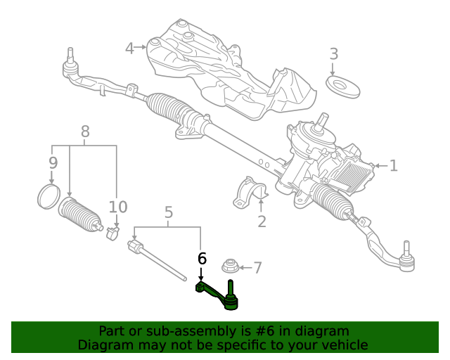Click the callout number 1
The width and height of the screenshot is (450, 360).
[394, 166]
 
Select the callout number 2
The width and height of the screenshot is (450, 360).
[262, 221]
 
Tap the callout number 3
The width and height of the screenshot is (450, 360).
[334, 54]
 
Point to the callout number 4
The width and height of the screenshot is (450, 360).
[129, 49]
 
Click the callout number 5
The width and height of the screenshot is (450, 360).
[169, 212]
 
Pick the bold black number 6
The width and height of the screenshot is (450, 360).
[202, 258]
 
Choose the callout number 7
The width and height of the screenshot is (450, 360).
[258, 268]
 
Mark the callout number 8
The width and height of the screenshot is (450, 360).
[85, 131]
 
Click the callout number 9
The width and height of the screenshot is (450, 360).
[53, 163]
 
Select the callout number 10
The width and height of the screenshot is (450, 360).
[118, 207]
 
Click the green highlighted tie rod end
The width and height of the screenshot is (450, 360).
[219, 296]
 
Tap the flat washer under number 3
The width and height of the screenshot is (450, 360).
[342, 86]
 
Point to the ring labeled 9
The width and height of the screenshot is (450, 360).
[49, 197]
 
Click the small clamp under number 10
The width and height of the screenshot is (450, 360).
[112, 233]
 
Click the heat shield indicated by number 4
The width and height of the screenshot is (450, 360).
[230, 72]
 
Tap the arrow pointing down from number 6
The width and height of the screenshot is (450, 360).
[201, 274]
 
